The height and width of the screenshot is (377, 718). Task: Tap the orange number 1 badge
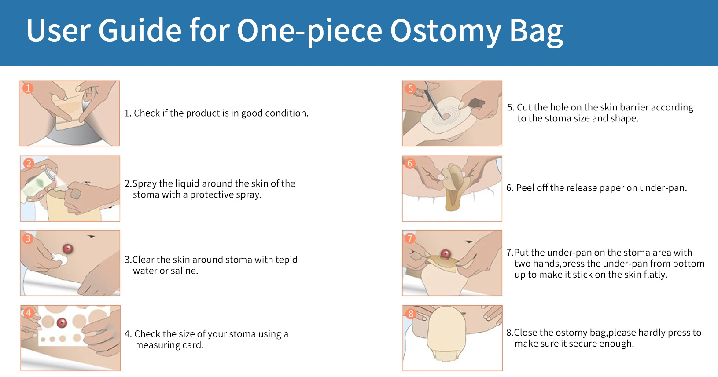[28, 88]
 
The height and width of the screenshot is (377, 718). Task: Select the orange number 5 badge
[410, 88]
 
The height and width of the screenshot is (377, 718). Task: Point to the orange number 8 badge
[411, 313]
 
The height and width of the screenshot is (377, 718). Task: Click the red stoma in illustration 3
[68, 249]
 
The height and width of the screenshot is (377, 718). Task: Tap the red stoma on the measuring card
[62, 323]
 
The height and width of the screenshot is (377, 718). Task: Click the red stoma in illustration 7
[445, 254]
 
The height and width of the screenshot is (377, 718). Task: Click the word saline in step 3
[184, 271]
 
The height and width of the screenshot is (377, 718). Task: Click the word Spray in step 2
[144, 183]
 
